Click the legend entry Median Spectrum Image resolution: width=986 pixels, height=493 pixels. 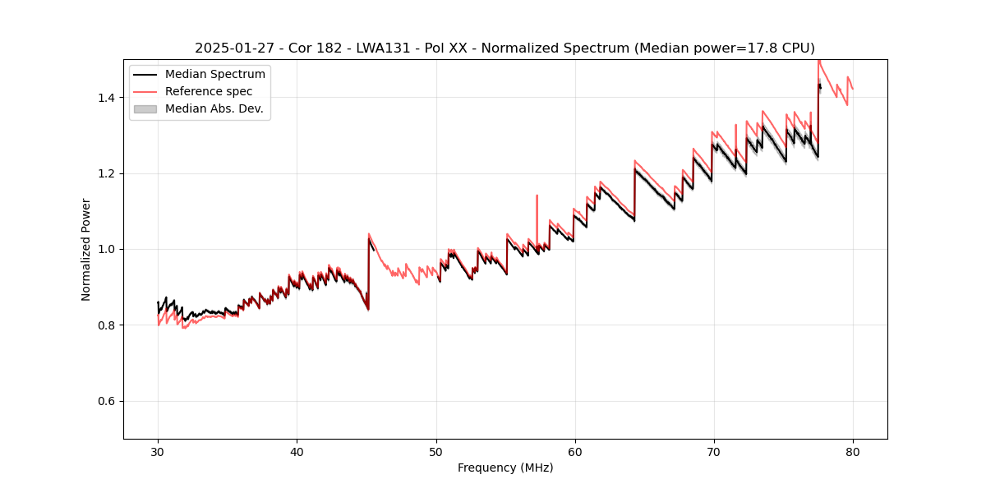[214, 75]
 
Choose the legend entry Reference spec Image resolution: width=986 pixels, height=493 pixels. [209, 91]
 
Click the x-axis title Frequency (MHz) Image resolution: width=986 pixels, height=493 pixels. [505, 468]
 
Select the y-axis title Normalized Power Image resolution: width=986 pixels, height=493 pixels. [86, 249]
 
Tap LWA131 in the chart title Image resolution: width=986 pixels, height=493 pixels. [394, 48]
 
